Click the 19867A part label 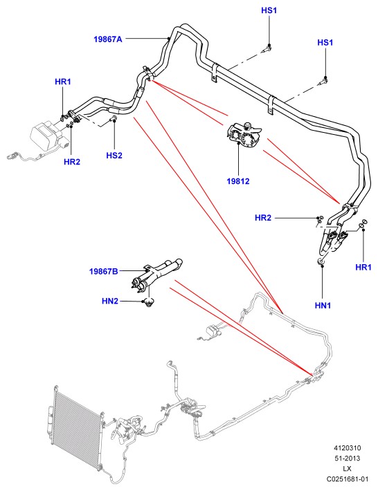(108, 39)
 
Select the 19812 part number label (238, 181)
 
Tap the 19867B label (104, 271)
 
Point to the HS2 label (114, 156)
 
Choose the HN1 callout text (323, 305)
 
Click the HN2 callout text (110, 302)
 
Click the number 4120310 (348, 448)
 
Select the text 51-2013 (348, 458)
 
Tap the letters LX (348, 469)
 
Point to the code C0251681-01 (348, 479)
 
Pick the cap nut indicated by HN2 (149, 302)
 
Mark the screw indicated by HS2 (113, 118)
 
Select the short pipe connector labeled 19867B (156, 273)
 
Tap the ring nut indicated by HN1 (321, 261)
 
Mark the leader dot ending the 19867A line (169, 39)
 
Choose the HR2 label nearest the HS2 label (72, 162)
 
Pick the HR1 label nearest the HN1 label (363, 267)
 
